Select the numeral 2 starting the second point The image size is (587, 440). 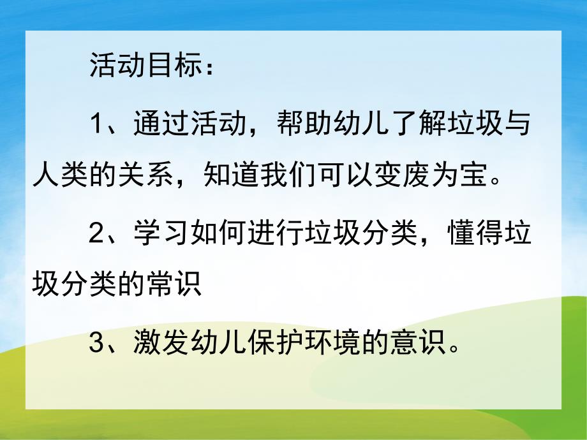[x=96, y=236]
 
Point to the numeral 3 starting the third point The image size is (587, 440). [x=96, y=345]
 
